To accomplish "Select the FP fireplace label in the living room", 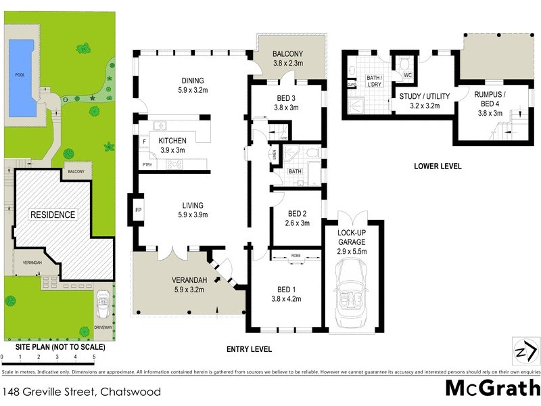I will pos(139,210).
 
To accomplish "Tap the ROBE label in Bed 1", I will pos(296,256).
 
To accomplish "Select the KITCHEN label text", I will pos(172,140).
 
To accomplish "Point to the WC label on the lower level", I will pos(408,75).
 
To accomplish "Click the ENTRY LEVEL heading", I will pos(249,349).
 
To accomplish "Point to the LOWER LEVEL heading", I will pos(438,165).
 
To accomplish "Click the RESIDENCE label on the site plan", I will pos(52,215).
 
